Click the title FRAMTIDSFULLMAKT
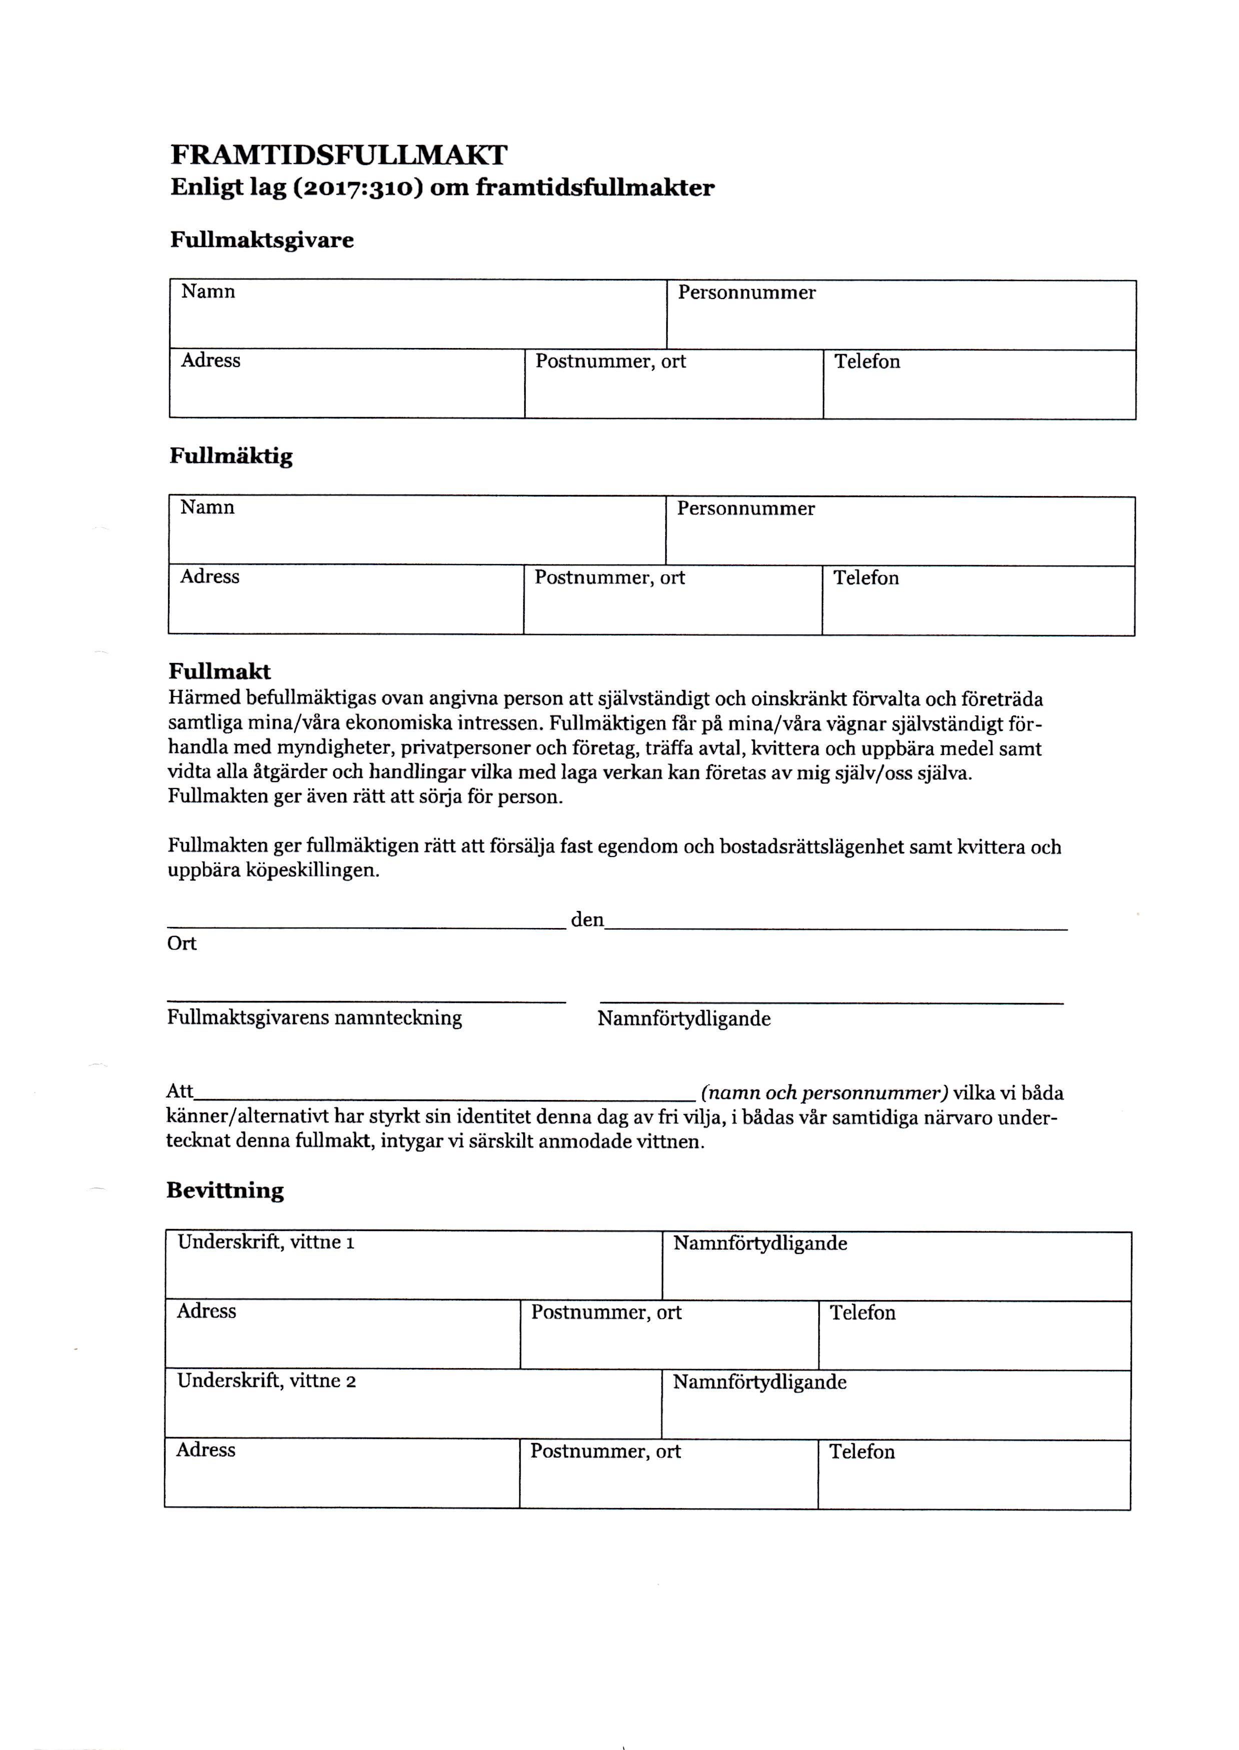(x=339, y=155)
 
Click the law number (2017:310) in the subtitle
(x=358, y=187)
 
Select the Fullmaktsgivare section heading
(x=262, y=240)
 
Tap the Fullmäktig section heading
(x=231, y=456)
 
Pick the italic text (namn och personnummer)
(x=824, y=1092)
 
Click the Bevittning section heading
(x=225, y=1191)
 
